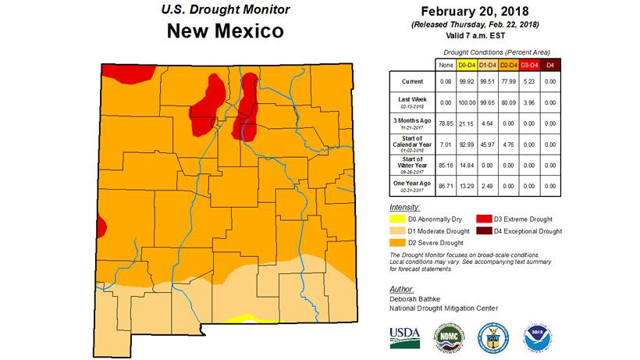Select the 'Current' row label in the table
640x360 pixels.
point(412,81)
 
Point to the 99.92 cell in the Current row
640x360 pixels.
point(465,81)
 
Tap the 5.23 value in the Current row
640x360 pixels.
point(528,81)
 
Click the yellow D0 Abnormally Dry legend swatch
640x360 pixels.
point(398,220)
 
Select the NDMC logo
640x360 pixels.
point(452,333)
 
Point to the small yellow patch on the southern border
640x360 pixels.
point(245,319)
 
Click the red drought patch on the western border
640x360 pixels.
point(103,227)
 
